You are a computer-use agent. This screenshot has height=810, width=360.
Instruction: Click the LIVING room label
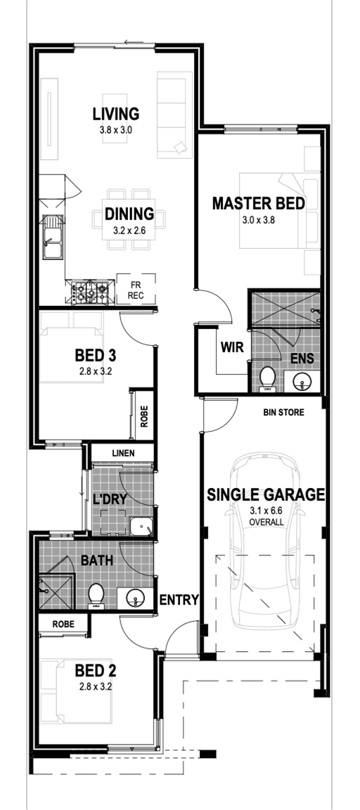[x=116, y=113]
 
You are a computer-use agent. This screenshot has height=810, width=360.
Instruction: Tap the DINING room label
[x=129, y=213]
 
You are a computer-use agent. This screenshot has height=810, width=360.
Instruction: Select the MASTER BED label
[x=258, y=203]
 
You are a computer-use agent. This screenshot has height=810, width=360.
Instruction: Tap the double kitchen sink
[x=53, y=237]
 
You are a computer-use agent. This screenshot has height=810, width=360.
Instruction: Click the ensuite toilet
[x=268, y=378]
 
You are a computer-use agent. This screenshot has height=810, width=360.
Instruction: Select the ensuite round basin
[x=301, y=381]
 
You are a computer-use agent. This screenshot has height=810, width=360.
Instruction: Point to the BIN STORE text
[x=283, y=413]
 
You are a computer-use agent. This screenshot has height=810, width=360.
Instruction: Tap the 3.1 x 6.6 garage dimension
[x=266, y=511]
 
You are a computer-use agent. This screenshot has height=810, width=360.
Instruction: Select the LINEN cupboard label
[x=123, y=453]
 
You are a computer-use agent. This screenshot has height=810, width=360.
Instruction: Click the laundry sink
[x=141, y=527]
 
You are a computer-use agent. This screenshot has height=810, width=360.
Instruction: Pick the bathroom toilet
[x=96, y=596]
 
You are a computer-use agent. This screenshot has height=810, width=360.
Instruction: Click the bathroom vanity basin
[x=135, y=599]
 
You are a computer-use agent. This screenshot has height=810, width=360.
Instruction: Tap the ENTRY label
[x=179, y=600]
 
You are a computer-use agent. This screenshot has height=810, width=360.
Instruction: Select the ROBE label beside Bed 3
[x=143, y=416]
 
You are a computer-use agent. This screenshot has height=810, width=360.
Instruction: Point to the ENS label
[x=302, y=358]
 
